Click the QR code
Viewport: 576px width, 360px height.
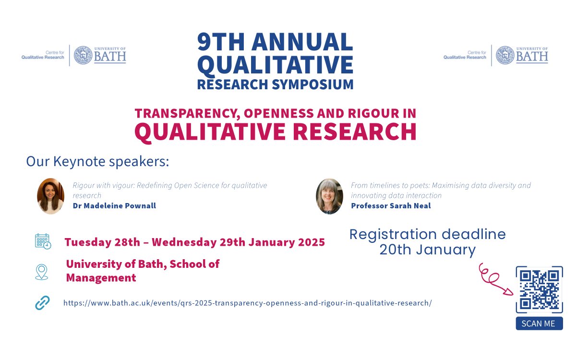click(539, 290)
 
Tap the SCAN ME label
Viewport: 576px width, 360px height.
click(539, 324)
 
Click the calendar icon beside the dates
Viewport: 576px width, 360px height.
click(43, 241)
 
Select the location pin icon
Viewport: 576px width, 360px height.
click(42, 272)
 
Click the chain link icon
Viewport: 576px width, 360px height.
click(42, 303)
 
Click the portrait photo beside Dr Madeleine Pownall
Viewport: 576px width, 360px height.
click(50, 196)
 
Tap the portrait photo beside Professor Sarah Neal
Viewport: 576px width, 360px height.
click(329, 196)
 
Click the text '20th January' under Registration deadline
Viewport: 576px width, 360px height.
click(427, 250)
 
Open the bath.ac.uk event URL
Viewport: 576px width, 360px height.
click(247, 303)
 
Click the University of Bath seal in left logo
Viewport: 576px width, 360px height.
click(83, 55)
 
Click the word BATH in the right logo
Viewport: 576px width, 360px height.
click(532, 57)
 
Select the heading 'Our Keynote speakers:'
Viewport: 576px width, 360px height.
click(97, 161)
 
